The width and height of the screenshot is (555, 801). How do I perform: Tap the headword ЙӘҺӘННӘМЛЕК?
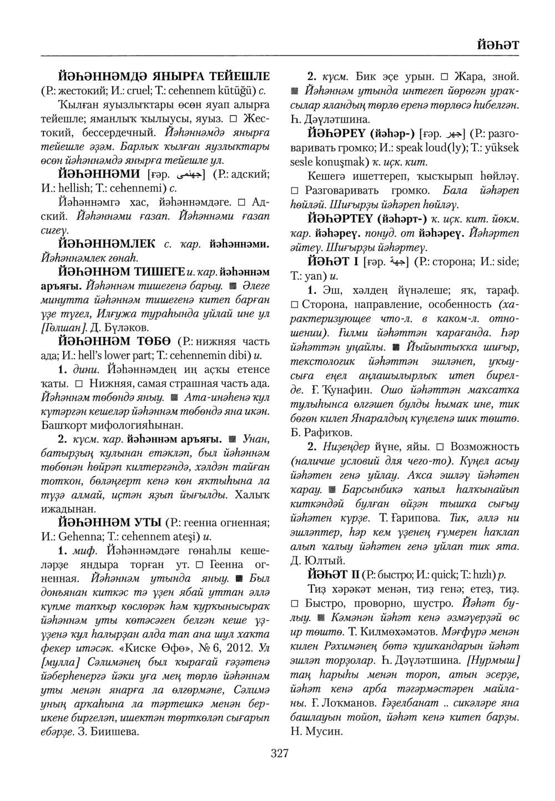tap(108, 243)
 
